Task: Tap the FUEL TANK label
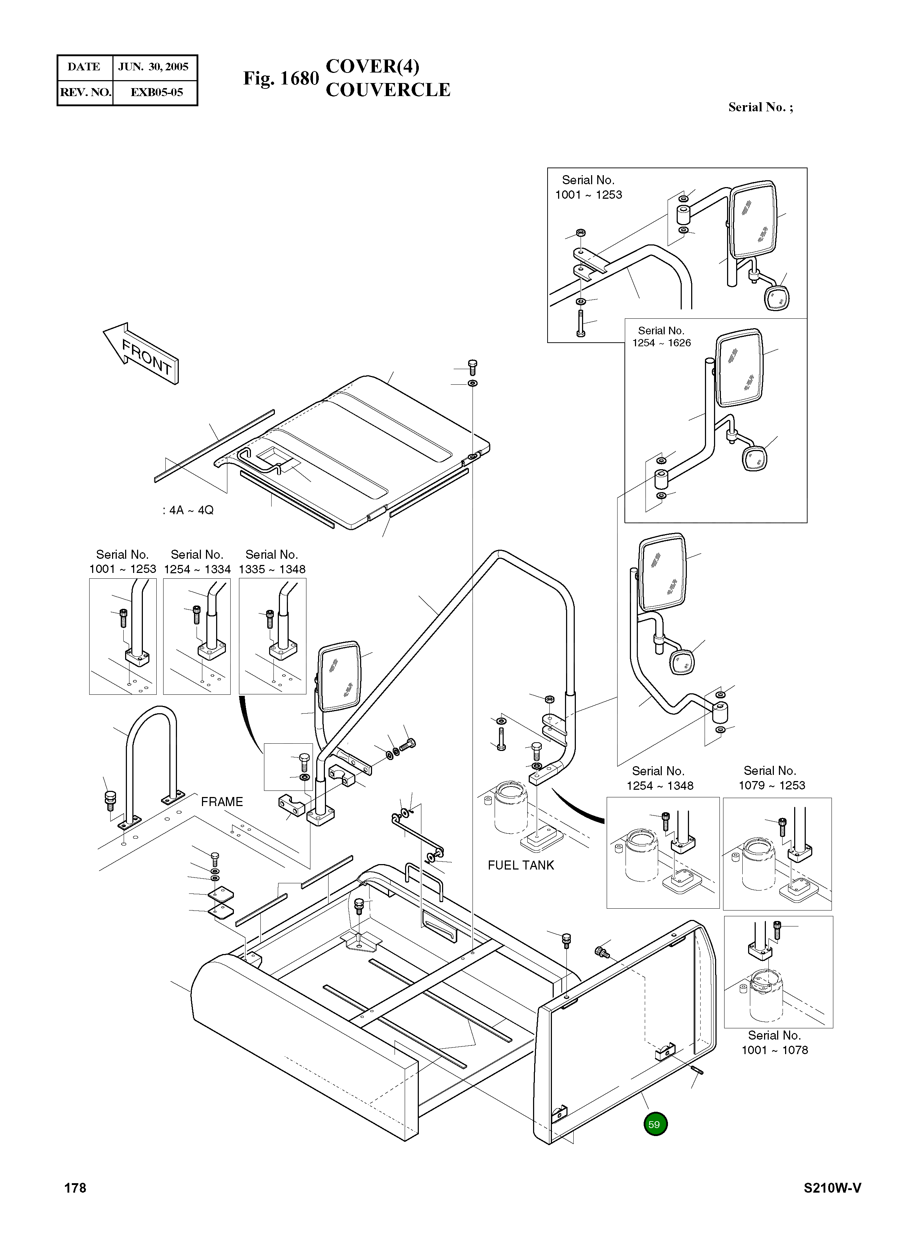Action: pyautogui.click(x=521, y=866)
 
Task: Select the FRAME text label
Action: pyautogui.click(x=222, y=802)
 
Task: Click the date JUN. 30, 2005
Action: pyautogui.click(x=154, y=67)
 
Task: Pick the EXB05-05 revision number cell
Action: pyautogui.click(x=156, y=92)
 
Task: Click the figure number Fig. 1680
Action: pyautogui.click(x=281, y=79)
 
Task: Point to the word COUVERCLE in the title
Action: pyautogui.click(x=388, y=90)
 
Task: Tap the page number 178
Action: pyautogui.click(x=75, y=1188)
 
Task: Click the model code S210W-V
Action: pyautogui.click(x=832, y=1188)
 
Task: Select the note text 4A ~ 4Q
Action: pyautogui.click(x=189, y=510)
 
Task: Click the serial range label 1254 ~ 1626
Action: pyautogui.click(x=661, y=343)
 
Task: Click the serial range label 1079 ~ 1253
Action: pyautogui.click(x=772, y=785)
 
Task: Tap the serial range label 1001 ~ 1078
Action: pyautogui.click(x=775, y=1050)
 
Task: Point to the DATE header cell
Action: pyautogui.click(x=84, y=67)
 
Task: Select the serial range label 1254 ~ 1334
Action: pyautogui.click(x=197, y=569)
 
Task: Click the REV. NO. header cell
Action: pyautogui.click(x=85, y=92)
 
